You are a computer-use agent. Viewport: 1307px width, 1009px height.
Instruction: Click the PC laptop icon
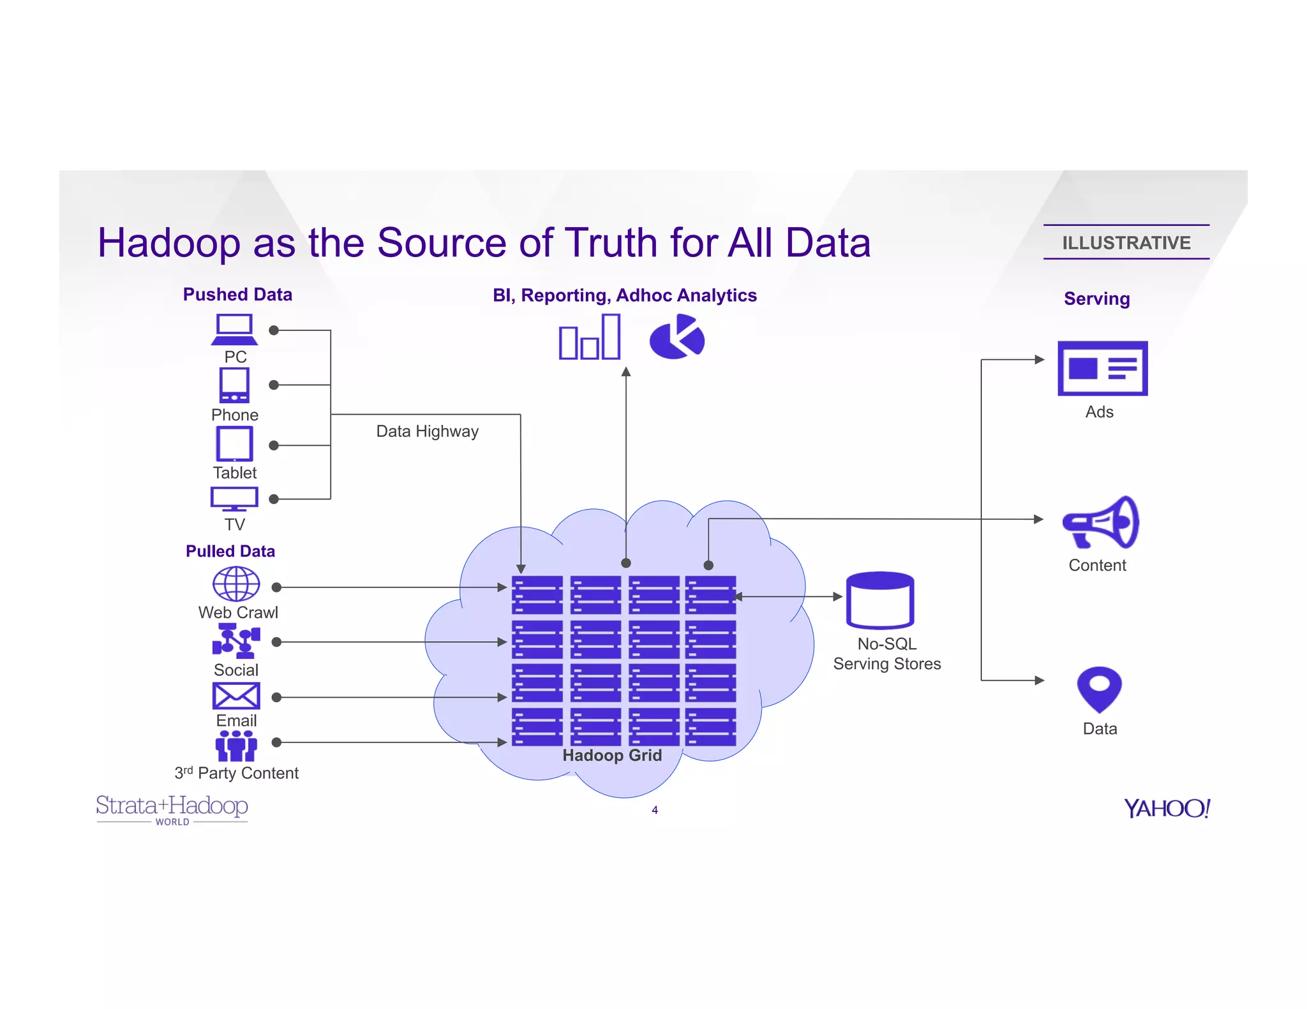point(234,329)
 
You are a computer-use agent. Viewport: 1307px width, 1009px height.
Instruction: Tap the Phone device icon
point(234,385)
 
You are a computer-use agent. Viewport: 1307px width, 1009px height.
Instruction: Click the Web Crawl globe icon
point(236,584)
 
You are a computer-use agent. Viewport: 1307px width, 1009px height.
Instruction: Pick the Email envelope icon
point(236,696)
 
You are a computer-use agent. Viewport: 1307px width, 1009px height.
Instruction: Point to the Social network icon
point(236,640)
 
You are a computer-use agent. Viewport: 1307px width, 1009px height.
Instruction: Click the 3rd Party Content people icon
point(236,746)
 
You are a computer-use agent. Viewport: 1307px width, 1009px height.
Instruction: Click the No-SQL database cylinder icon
point(880,600)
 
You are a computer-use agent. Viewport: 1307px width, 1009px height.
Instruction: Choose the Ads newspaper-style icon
point(1102,368)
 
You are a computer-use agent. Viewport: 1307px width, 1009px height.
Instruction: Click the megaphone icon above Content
point(1100,523)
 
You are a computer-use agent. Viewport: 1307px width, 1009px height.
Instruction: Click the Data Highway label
point(427,432)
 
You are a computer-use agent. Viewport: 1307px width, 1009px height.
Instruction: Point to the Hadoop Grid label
point(612,756)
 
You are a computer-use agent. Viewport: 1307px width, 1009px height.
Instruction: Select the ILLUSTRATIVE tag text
point(1126,243)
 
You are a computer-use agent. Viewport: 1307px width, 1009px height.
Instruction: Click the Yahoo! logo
point(1167,808)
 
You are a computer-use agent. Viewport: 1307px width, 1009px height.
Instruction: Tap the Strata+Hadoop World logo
point(172,809)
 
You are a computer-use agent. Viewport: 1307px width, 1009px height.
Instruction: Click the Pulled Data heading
point(230,551)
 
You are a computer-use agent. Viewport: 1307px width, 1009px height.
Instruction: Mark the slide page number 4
point(655,810)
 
